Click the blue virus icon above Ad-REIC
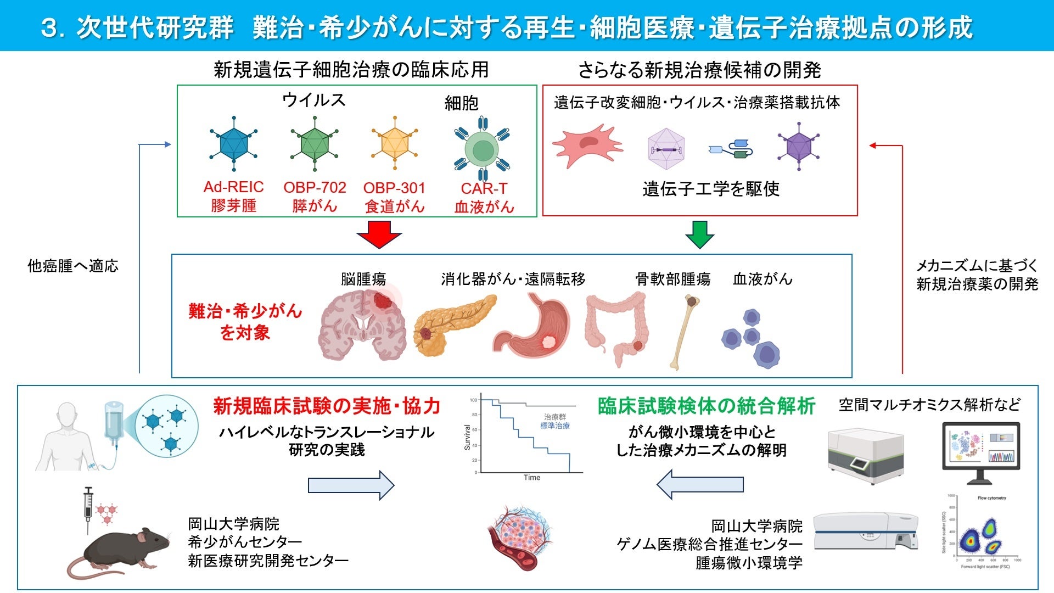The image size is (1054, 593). (x=234, y=144)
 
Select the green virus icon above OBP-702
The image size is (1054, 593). (x=315, y=144)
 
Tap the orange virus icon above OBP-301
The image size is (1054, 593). (x=395, y=144)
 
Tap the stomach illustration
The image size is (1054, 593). (x=532, y=327)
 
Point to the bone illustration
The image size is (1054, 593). (x=684, y=332)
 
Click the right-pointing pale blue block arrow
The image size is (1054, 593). (x=351, y=485)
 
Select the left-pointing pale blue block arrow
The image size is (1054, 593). (x=700, y=484)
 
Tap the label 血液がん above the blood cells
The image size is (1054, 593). (x=763, y=279)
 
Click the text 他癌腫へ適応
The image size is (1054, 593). (x=73, y=266)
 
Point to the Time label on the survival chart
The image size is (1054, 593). (x=531, y=478)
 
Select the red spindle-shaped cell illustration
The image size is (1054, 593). (x=587, y=146)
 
